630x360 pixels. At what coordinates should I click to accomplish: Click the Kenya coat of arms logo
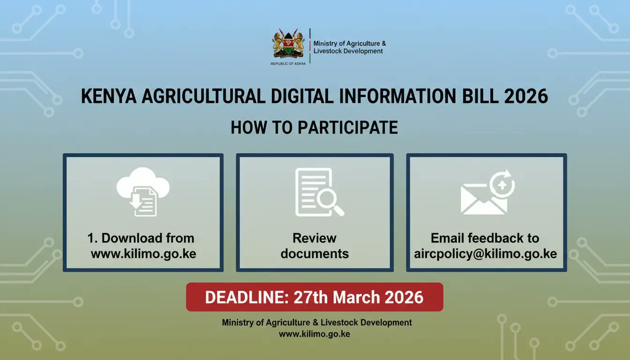pos(288,45)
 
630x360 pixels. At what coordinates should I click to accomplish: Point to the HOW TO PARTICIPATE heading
pos(314,128)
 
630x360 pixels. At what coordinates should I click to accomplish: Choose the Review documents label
pos(314,246)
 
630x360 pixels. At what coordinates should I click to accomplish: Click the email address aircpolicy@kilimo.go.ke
pos(485,254)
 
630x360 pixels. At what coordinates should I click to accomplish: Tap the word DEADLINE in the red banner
pos(237,297)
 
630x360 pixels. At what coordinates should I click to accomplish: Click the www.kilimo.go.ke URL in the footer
pos(314,334)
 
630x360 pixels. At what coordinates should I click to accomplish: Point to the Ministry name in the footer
pos(317,322)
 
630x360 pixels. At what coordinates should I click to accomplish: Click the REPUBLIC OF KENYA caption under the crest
pos(288,63)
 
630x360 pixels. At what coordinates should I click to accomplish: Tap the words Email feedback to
pos(485,238)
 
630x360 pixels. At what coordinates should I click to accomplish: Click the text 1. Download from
pos(141,238)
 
